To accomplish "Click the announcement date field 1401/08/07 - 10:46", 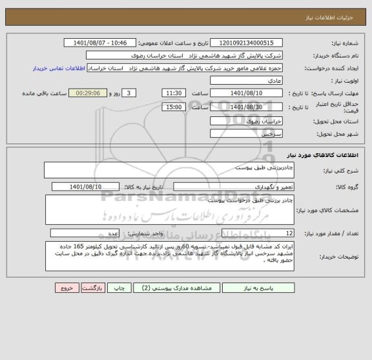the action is [101, 43].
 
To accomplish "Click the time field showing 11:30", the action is [173, 93].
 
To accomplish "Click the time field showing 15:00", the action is [173, 107].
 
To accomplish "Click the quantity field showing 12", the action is [258, 233].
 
